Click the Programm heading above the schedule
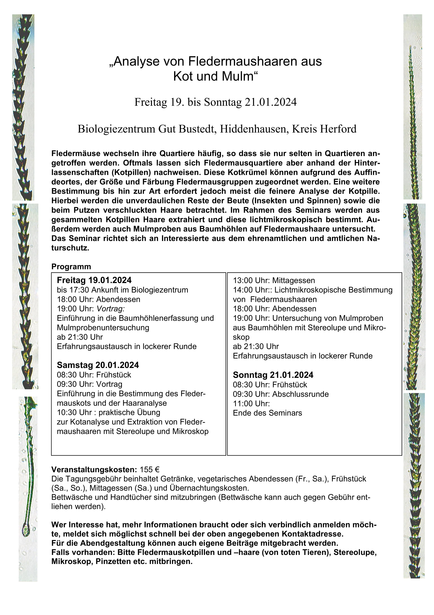[x=71, y=267]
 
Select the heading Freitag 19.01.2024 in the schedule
[x=94, y=280]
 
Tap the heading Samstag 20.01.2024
[x=98, y=365]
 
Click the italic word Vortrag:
[x=110, y=309]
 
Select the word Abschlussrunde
[x=301, y=394]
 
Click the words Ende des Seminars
[x=267, y=413]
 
